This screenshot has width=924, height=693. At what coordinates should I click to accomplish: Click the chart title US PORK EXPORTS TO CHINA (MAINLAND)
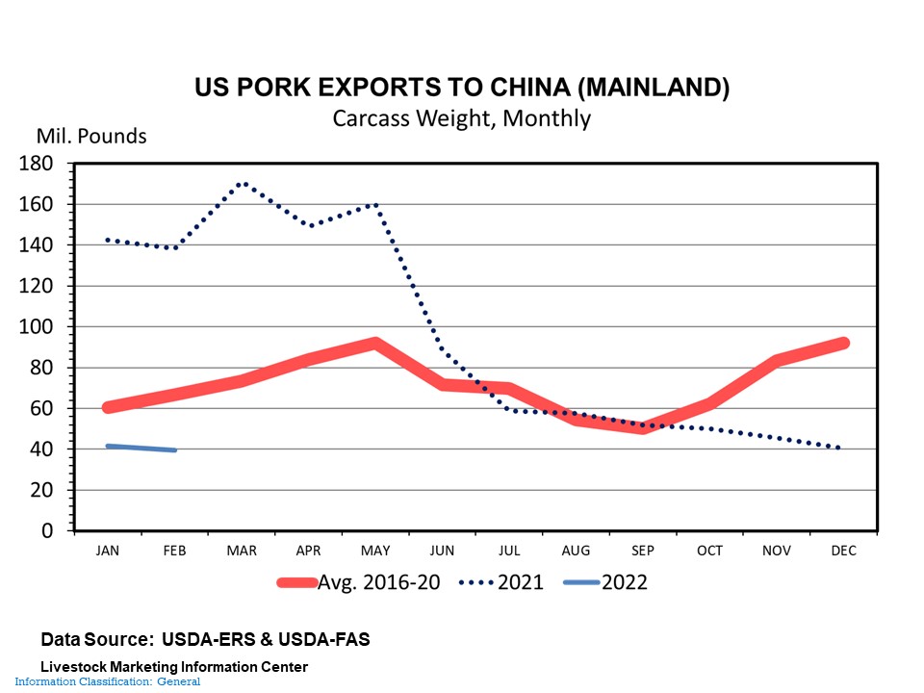click(x=461, y=88)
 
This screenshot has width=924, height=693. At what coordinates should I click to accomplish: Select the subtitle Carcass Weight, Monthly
click(x=461, y=119)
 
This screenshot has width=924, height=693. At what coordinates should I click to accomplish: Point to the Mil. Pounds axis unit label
click(x=91, y=136)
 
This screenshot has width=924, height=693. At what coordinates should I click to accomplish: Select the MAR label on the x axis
click(x=242, y=552)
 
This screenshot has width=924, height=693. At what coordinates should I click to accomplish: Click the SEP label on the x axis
click(x=643, y=552)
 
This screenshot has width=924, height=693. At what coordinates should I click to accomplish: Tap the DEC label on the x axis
click(x=843, y=552)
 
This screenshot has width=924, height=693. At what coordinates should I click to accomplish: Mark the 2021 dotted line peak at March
click(x=243, y=183)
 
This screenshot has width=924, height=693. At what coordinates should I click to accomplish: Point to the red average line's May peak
click(x=375, y=343)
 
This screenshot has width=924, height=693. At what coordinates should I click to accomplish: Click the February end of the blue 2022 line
click(x=174, y=449)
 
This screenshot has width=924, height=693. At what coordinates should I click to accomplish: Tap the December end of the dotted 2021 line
click(x=841, y=448)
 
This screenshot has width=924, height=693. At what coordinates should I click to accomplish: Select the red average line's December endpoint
click(x=843, y=343)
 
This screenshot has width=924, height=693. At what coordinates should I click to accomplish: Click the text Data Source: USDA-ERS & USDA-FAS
click(x=205, y=639)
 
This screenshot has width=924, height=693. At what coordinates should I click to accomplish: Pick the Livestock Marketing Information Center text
click(x=174, y=667)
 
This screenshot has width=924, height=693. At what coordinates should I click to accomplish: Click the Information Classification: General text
click(x=107, y=681)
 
